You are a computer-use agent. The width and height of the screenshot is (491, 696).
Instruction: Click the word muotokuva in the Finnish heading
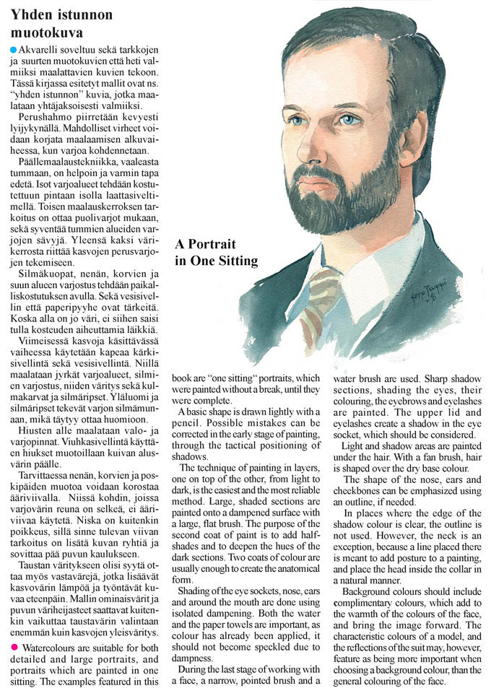(x=47, y=32)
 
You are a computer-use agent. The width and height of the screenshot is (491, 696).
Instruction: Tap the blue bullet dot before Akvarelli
(x=13, y=49)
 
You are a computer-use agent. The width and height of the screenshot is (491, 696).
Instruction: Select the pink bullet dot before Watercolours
(x=13, y=624)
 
